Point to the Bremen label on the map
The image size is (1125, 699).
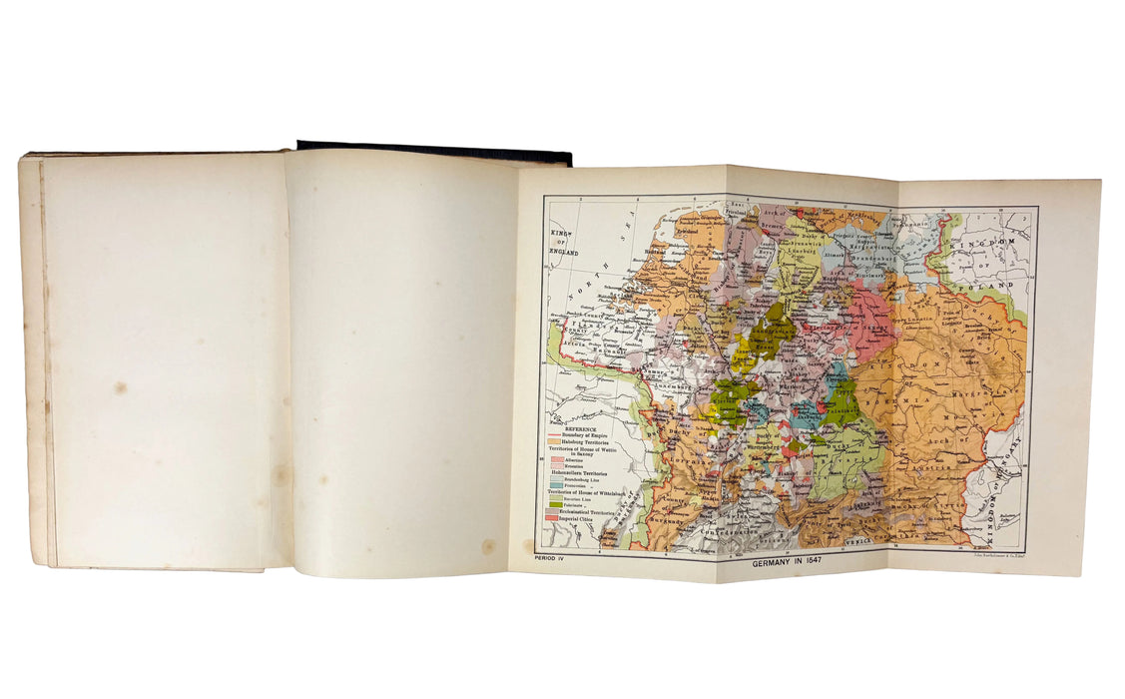click(770, 228)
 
